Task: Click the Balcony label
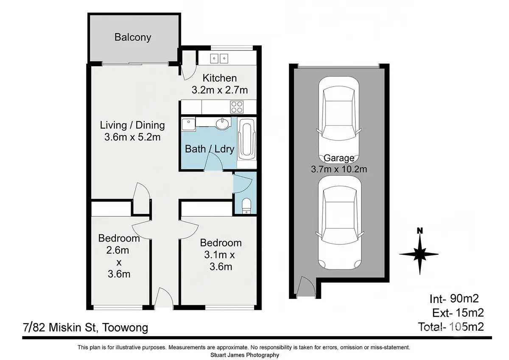pos(133,37)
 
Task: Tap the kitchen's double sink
pos(219,59)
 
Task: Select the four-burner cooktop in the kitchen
pos(237,107)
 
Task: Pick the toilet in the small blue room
pos(246,206)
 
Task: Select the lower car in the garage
pos(339,222)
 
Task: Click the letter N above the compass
pos(420,231)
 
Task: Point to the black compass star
pos(420,254)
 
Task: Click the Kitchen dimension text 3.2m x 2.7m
pos(220,90)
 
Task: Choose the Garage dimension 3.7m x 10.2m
pos(339,169)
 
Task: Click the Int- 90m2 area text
pos(454,298)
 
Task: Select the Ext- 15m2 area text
pos(458,313)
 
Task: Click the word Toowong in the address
pos(125,328)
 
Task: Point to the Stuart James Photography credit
pos(244,355)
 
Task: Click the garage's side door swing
pos(305,286)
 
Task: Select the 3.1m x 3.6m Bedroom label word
pos(221,243)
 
